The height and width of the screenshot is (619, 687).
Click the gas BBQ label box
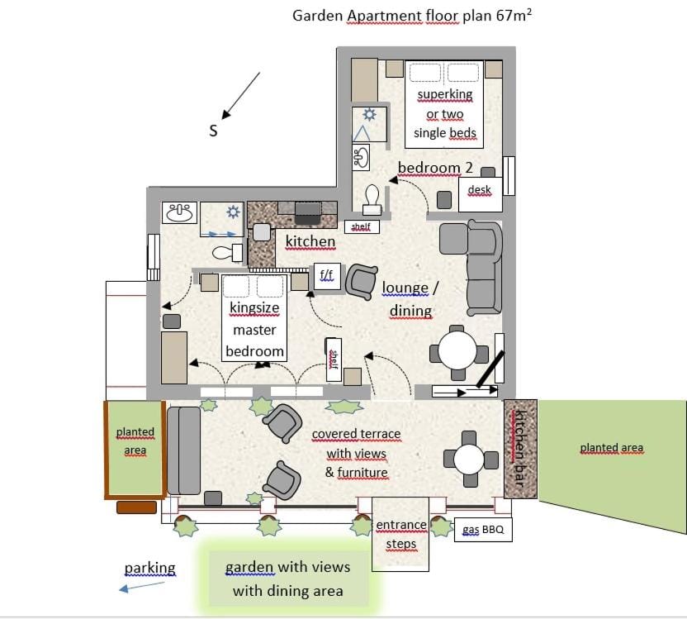click(483, 529)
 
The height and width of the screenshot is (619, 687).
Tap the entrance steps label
click(400, 534)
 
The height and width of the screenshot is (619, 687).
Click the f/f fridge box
click(326, 274)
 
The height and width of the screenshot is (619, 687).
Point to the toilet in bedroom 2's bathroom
click(372, 197)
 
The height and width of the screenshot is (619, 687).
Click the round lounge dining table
click(457, 350)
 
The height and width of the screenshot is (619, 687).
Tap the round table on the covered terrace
click(469, 459)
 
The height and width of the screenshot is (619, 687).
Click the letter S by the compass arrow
click(213, 131)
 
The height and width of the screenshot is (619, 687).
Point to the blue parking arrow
click(141, 587)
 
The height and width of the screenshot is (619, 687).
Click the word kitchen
click(310, 241)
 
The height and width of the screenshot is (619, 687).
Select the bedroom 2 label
click(435, 168)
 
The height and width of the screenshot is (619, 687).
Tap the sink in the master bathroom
click(179, 213)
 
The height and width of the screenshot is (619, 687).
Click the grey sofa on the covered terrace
click(183, 450)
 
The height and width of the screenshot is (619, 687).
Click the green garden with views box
click(287, 579)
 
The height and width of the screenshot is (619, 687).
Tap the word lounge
click(405, 288)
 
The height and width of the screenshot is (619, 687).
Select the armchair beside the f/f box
click(361, 281)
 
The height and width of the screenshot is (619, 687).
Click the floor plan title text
click(412, 16)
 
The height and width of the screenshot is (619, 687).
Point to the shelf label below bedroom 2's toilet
click(361, 226)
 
